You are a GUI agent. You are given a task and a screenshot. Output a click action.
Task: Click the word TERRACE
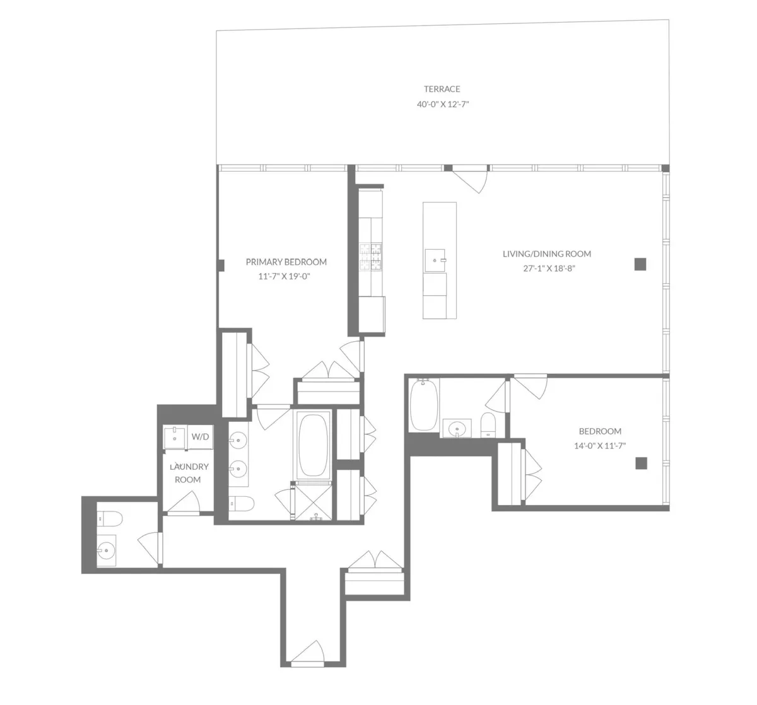[442, 89]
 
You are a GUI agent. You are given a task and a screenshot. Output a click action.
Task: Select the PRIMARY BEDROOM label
[286, 262]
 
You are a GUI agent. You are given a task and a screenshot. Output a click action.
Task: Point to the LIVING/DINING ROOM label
[547, 254]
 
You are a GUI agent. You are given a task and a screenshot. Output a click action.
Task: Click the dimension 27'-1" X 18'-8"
[547, 268]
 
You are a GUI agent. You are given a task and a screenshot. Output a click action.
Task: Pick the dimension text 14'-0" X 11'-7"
[600, 446]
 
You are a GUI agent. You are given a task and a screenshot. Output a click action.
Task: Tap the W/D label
[200, 436]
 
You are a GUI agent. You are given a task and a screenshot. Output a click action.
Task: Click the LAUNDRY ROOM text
[187, 473]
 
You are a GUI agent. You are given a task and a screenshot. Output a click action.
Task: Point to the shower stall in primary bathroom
[314, 503]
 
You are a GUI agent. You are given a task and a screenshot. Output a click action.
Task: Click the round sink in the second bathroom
[457, 429]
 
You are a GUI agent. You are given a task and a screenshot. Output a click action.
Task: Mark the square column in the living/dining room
[641, 264]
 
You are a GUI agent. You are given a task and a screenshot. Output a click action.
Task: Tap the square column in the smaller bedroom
[641, 463]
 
